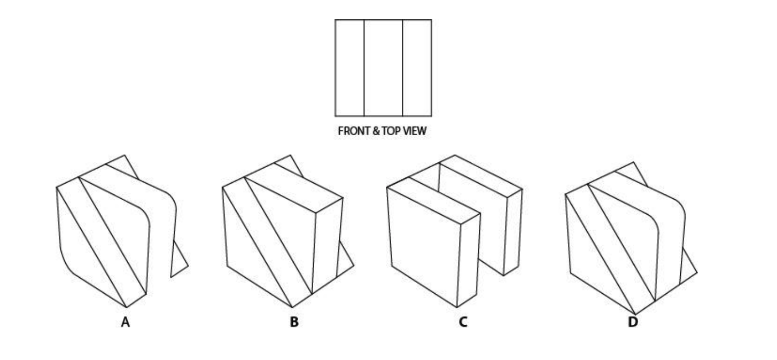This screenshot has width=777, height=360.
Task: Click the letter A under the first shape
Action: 125,323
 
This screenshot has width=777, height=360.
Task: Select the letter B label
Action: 294,323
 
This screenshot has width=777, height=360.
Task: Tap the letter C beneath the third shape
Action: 463,323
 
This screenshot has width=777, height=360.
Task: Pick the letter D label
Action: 633,323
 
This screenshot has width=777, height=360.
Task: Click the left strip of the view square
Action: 349,68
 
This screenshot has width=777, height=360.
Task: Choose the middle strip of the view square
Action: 383,68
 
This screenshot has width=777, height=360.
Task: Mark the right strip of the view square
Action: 417,68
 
